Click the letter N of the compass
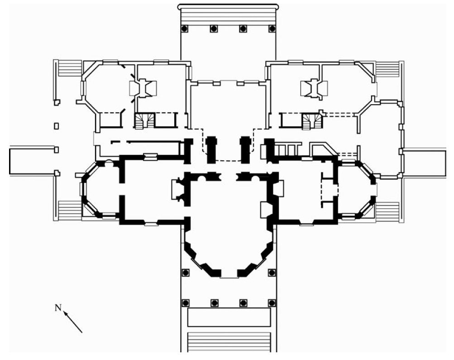coord(58,307)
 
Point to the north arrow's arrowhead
coord(66,313)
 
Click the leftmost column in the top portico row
coord(184,29)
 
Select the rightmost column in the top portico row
coord(272,29)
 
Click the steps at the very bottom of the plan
coord(229,342)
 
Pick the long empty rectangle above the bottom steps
coord(229,317)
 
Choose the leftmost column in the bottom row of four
coord(185,303)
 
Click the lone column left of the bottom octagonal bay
coord(185,273)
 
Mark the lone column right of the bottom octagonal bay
coord(272,273)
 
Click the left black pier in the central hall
coord(211,149)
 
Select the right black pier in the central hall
coord(245,149)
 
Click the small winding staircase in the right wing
coord(312,121)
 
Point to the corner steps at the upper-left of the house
coord(70,68)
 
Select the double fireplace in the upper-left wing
coord(143,88)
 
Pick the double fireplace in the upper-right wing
coord(315,88)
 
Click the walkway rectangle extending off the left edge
coord(33,161)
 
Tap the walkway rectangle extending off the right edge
coord(425,163)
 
